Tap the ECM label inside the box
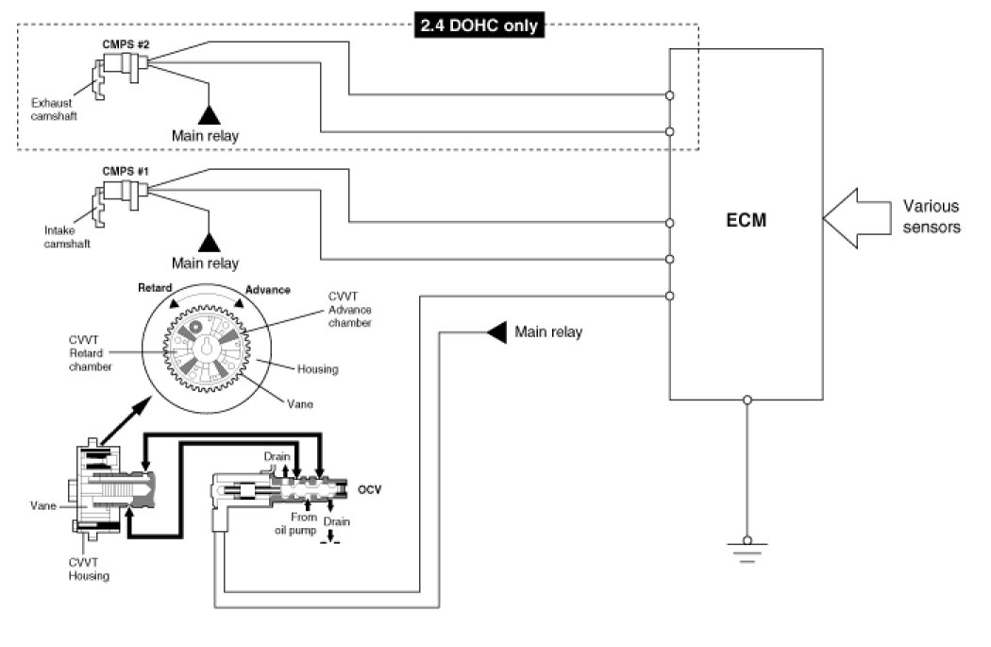point(746,222)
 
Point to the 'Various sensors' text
point(931,216)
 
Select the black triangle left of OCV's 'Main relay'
point(495,332)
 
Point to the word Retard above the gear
point(157,286)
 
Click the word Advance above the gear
point(267,289)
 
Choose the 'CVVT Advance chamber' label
point(349,310)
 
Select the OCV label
point(370,489)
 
